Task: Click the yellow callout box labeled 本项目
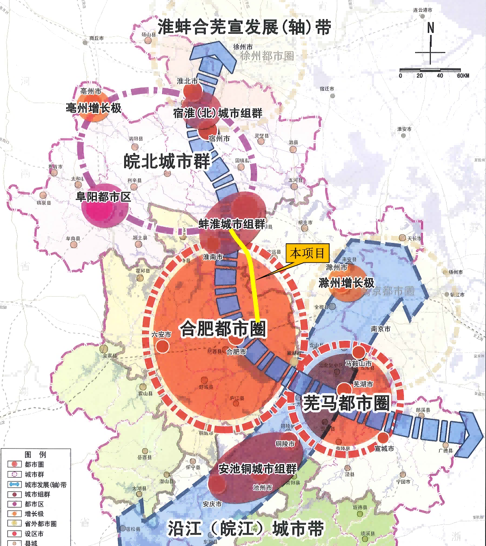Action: tap(307, 253)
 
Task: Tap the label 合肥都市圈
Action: tap(223, 329)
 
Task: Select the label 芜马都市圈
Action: tap(346, 403)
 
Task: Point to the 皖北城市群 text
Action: tap(166, 161)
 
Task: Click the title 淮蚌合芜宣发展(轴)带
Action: tap(245, 27)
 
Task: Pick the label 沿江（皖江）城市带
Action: tap(246, 529)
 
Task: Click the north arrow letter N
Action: tap(431, 28)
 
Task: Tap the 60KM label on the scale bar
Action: tap(463, 76)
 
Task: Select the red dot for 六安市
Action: tap(162, 346)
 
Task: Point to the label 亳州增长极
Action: tap(94, 108)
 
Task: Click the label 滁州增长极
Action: tap(346, 283)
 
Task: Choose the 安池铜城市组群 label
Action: tap(258, 469)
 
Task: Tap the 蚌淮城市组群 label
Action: tap(232, 224)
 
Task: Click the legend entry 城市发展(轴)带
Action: tap(45, 485)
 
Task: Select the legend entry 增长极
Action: tap(34, 514)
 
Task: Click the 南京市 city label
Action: tap(380, 329)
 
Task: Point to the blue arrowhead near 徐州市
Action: tap(214, 55)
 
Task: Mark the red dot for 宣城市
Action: tap(384, 438)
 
